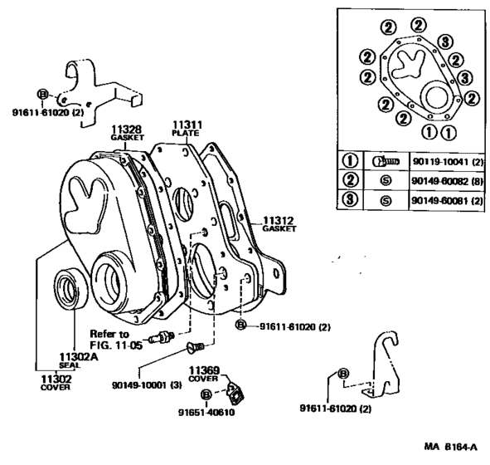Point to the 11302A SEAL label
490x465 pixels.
(72, 359)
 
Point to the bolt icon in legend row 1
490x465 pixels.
(383, 160)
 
